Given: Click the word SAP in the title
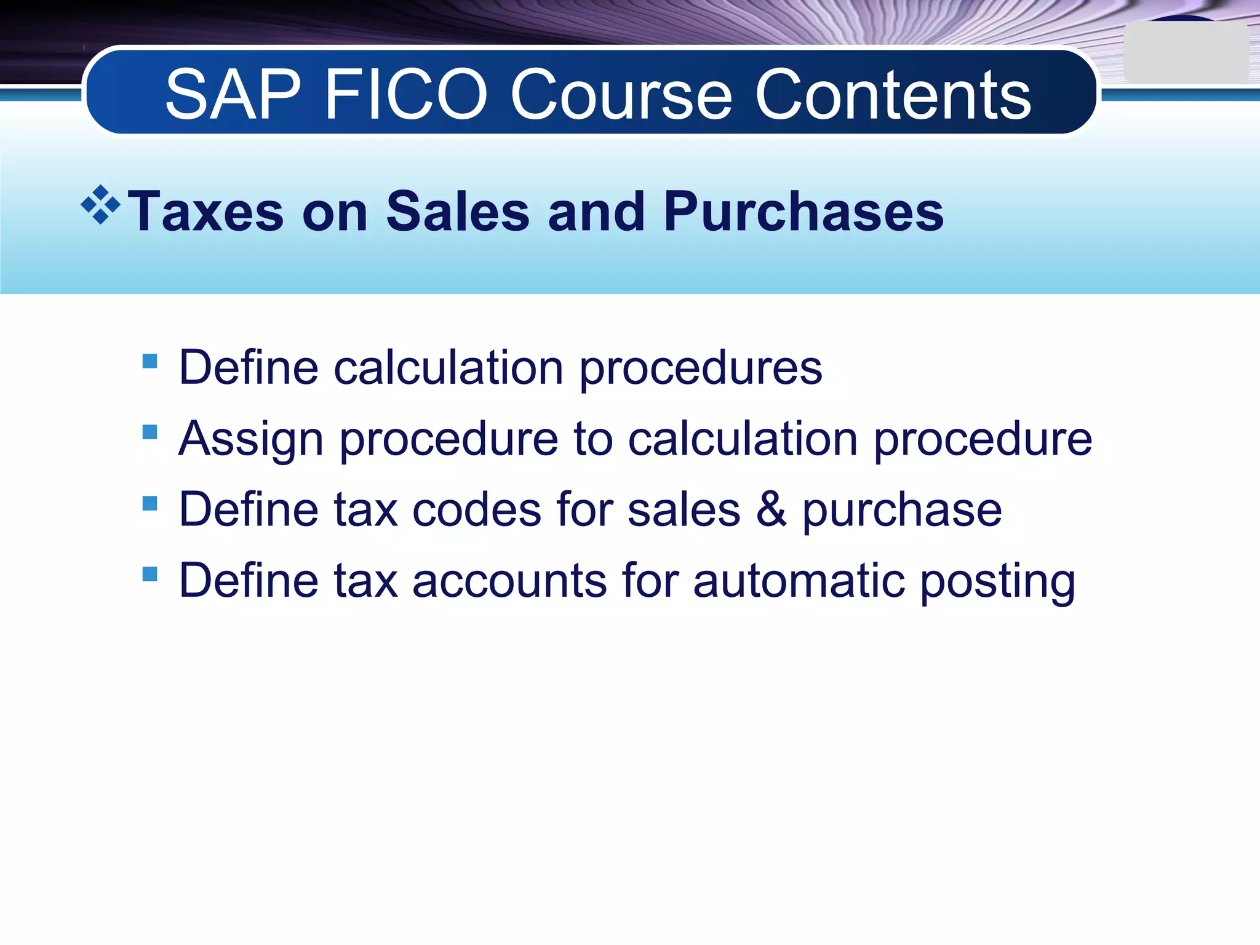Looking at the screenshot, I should point(233,95).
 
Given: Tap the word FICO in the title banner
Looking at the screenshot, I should point(405,95).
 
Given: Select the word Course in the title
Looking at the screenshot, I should point(622,95).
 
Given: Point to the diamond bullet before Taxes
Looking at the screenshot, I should point(100,205).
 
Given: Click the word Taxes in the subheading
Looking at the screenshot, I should point(205,212).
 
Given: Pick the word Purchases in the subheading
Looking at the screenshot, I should point(803,212).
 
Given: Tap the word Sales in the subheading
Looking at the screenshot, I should point(458,212).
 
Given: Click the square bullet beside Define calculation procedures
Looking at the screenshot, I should point(150,361).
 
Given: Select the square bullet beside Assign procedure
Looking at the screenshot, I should point(150,432).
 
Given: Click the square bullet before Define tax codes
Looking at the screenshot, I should point(150,503).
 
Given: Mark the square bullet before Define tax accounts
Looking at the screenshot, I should point(150,574).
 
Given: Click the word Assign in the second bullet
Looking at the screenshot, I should point(251,439).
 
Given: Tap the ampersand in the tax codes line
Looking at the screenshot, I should point(771,510).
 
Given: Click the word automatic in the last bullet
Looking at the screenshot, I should point(799,581).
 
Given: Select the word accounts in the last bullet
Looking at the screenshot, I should point(509,581).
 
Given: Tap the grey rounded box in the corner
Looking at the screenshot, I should point(1185,54).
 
